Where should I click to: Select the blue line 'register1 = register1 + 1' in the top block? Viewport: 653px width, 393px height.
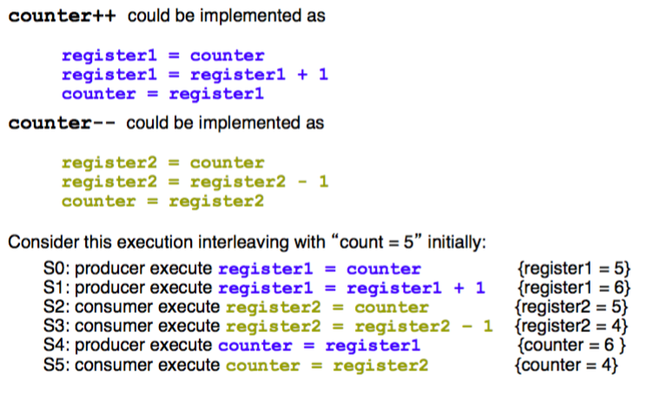[x=195, y=75]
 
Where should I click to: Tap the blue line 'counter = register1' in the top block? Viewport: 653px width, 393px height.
[x=162, y=94]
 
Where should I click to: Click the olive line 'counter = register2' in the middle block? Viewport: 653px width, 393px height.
[x=162, y=202]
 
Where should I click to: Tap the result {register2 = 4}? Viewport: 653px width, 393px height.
[x=571, y=327]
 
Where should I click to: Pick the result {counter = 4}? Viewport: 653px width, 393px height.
[x=565, y=365]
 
